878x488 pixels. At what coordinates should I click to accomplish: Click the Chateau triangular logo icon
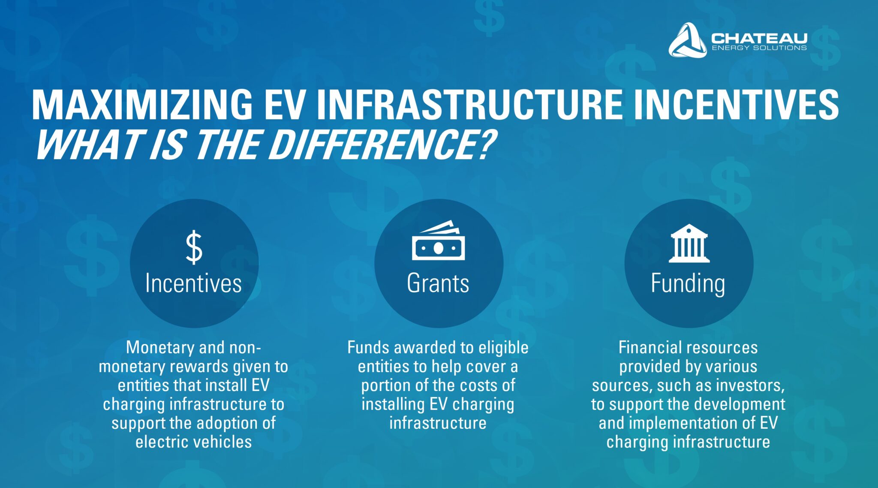[x=687, y=40]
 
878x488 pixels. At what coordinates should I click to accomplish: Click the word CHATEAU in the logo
[x=759, y=38]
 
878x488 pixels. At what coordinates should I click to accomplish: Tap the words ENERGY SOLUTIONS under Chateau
[x=759, y=48]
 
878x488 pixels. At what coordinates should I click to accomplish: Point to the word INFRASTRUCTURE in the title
[x=469, y=105]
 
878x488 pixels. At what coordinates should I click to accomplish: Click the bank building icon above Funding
[x=689, y=243]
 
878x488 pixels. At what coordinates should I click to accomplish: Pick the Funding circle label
[x=688, y=284]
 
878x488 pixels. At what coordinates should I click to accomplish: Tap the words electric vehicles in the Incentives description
[x=193, y=442]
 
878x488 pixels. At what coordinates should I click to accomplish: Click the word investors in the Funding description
[x=751, y=386]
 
